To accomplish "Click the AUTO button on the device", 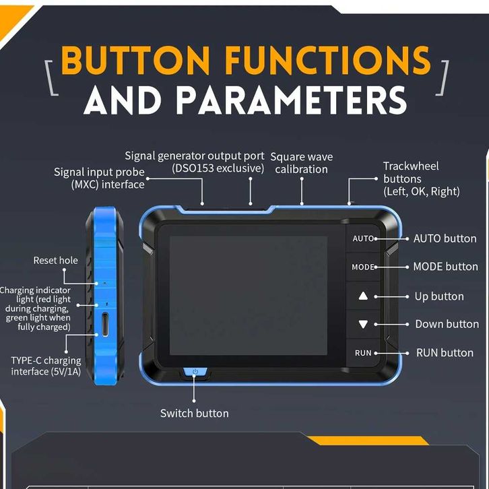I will pyautogui.click(x=363, y=238).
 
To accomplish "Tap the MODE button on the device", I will pyautogui.click(x=363, y=267).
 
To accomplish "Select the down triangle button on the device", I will pyautogui.click(x=363, y=324).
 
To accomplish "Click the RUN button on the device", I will pyautogui.click(x=363, y=353).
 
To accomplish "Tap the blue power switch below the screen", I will pyautogui.click(x=195, y=371).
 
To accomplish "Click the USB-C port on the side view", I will pyautogui.click(x=105, y=323).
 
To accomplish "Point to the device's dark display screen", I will pyautogui.click(x=248, y=294).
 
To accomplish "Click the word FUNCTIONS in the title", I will pyautogui.click(x=327, y=62).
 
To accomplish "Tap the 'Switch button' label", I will pyautogui.click(x=194, y=413).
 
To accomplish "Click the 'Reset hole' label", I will pyautogui.click(x=56, y=261).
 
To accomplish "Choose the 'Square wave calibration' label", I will pyautogui.click(x=301, y=163).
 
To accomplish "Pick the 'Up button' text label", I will pyautogui.click(x=438, y=296).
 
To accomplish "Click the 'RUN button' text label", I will pyautogui.click(x=445, y=353).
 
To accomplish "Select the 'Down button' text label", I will pyautogui.click(x=447, y=325).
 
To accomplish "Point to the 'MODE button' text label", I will pyautogui.click(x=445, y=267).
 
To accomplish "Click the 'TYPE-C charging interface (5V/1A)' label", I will pyautogui.click(x=46, y=366).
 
